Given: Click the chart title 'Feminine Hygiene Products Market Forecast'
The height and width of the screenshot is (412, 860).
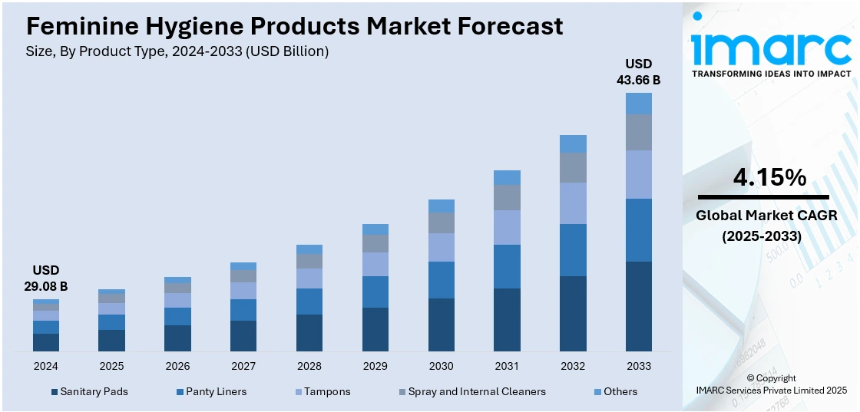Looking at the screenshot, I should (295, 26).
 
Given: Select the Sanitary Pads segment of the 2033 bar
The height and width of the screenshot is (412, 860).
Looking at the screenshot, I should (638, 306).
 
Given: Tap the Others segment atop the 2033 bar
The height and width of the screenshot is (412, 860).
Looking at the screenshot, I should (638, 104).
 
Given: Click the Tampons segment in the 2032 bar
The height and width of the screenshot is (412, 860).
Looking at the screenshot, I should (573, 203).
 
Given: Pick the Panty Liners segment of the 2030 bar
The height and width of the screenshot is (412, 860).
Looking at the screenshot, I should (441, 280).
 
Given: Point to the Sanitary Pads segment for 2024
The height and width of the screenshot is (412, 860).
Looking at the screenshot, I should (46, 342).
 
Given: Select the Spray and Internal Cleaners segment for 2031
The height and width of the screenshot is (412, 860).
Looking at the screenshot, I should (507, 197).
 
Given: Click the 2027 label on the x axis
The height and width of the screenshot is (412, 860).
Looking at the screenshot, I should (243, 366).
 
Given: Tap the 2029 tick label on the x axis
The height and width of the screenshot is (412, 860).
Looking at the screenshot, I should (375, 366).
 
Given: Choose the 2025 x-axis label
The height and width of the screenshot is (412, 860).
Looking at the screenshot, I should (111, 366).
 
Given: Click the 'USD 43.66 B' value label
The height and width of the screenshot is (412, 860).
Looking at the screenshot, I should (638, 71).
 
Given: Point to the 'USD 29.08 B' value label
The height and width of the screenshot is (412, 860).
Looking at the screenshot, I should (46, 278).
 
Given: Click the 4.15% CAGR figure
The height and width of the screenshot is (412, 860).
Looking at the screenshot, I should (769, 178).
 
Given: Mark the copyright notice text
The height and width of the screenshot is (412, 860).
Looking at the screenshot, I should (770, 384).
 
